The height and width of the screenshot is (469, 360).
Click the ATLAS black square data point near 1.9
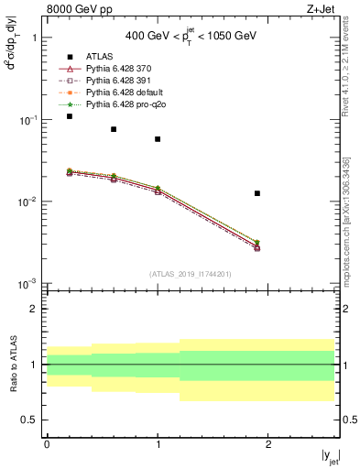(257, 193)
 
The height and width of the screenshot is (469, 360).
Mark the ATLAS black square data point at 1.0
(158, 139)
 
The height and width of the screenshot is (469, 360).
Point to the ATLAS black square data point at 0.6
(114, 129)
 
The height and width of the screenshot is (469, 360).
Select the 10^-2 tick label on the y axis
(28, 202)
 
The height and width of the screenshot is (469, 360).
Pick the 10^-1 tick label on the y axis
(28, 120)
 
